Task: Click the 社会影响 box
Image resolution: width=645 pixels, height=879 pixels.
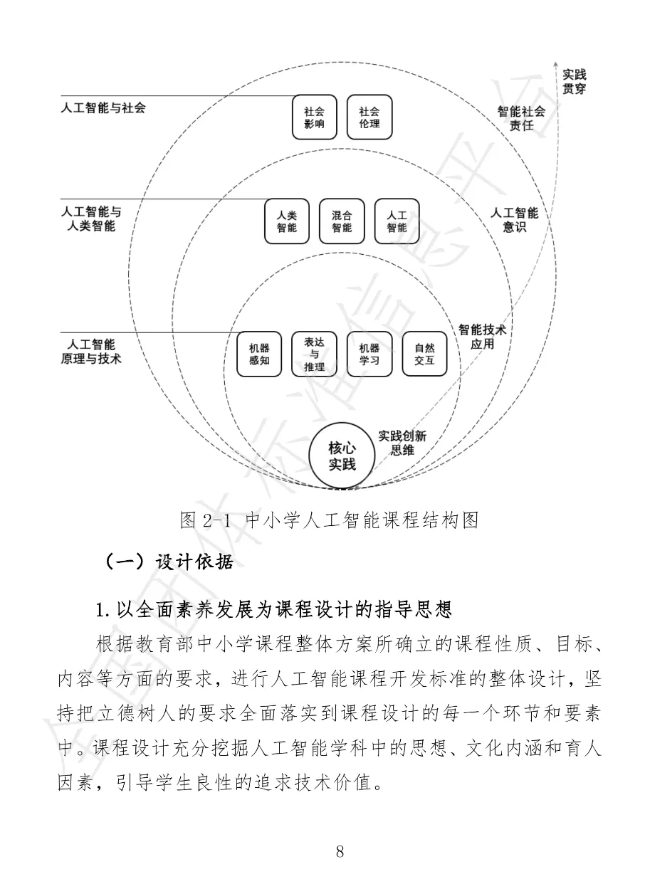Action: click(314, 117)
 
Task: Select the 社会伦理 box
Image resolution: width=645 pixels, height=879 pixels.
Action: click(369, 117)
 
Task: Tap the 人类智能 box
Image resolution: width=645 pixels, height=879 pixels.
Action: click(286, 221)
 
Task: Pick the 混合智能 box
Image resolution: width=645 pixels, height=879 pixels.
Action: click(342, 221)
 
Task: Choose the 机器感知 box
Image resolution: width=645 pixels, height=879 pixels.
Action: click(259, 354)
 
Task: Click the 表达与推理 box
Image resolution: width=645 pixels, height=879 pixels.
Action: click(314, 354)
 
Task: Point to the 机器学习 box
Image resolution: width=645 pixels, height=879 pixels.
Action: click(369, 354)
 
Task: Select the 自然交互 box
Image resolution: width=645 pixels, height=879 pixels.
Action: click(424, 354)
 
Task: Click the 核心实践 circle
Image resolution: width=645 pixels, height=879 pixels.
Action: click(342, 456)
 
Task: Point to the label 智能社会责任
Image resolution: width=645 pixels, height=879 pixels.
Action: click(521, 118)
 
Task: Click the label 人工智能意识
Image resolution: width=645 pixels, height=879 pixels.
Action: click(514, 221)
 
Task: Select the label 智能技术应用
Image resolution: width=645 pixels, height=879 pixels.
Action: click(481, 337)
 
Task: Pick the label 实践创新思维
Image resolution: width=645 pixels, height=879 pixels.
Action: click(402, 443)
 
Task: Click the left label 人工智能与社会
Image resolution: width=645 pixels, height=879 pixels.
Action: click(103, 108)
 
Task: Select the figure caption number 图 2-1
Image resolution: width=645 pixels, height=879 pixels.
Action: click(206, 520)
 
